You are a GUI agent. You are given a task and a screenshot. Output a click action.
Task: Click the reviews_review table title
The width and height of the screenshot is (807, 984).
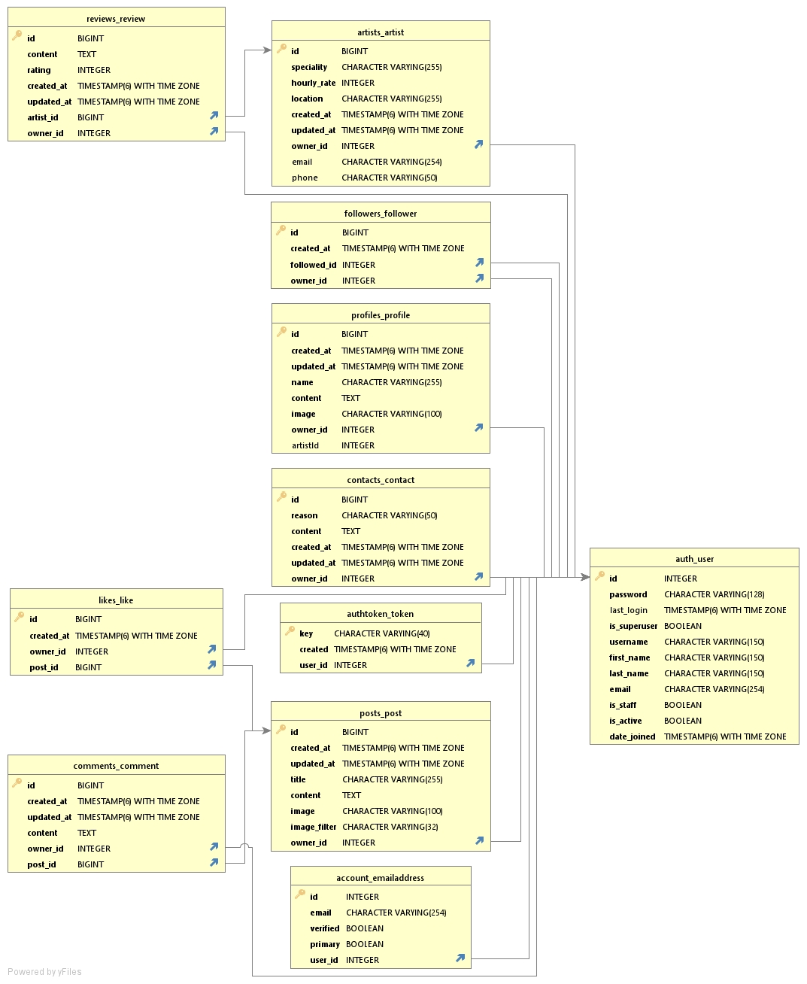(x=116, y=19)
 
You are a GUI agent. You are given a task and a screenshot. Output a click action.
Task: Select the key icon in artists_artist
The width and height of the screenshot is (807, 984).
(x=281, y=49)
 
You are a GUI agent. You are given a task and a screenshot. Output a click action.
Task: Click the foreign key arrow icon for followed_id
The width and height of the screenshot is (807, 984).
(x=479, y=263)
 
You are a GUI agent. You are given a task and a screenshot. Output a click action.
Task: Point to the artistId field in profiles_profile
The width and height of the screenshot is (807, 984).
(x=305, y=445)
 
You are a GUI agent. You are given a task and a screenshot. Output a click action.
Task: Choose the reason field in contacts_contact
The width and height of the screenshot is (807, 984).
(x=305, y=515)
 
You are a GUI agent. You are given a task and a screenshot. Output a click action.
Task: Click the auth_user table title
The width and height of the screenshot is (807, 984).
(x=694, y=559)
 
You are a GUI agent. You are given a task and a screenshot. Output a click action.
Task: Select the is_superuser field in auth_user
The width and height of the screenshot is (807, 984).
(x=633, y=626)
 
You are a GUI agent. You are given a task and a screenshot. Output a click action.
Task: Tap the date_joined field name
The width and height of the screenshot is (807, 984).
(x=632, y=736)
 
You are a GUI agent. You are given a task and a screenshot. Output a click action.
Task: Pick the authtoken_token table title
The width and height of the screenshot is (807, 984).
(x=380, y=614)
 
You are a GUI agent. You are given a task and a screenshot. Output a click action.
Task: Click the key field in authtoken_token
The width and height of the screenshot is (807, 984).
(x=306, y=633)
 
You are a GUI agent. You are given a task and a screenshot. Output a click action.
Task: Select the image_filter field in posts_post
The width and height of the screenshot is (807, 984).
(x=314, y=827)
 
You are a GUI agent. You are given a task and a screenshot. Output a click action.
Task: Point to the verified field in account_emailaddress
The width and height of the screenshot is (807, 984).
(x=325, y=928)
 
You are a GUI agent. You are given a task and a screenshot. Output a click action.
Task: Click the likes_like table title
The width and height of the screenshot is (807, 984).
(x=116, y=600)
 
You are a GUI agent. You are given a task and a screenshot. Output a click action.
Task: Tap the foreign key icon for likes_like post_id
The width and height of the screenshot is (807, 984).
(x=212, y=665)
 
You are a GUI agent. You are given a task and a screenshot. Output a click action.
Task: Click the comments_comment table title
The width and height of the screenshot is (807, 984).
(x=116, y=766)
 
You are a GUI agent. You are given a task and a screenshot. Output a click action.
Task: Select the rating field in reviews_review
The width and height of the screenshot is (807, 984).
(x=39, y=70)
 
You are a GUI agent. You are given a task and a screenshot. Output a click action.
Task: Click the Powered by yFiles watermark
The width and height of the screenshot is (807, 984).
(x=44, y=971)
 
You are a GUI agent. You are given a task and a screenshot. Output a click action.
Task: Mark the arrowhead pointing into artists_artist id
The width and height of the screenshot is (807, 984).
(x=267, y=50)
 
